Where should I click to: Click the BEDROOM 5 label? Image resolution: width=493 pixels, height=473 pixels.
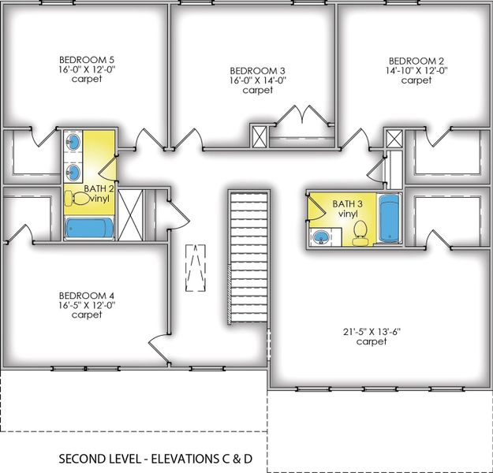(x=86, y=59)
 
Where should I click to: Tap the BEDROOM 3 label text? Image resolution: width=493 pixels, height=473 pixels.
(x=257, y=70)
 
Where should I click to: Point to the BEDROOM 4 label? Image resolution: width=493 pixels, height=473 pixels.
(x=86, y=295)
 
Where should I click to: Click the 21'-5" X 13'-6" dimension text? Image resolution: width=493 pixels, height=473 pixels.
(x=370, y=331)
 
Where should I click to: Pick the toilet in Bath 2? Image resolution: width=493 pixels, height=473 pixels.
(x=81, y=199)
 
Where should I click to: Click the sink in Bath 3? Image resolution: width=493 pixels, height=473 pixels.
(x=322, y=237)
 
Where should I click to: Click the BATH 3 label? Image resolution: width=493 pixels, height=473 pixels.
(x=347, y=203)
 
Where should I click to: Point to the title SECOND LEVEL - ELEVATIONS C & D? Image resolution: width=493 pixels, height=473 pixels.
(x=161, y=458)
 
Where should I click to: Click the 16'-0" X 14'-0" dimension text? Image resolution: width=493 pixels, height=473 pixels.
(x=257, y=80)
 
